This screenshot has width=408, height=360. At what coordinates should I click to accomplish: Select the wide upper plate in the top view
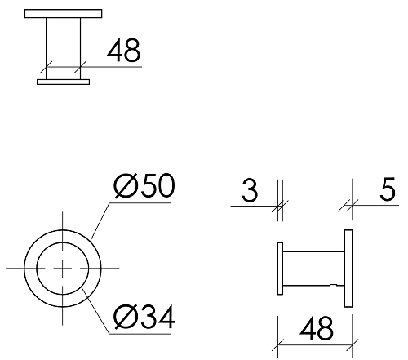(x=63, y=14)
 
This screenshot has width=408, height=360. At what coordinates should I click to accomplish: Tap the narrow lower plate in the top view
(x=63, y=81)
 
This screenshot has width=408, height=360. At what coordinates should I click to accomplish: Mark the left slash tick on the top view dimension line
(x=48, y=66)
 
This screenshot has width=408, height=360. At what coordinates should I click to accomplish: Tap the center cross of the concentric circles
(x=63, y=267)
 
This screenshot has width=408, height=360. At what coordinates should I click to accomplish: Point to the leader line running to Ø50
(x=102, y=220)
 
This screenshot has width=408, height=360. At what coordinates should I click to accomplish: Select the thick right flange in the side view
(x=348, y=268)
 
